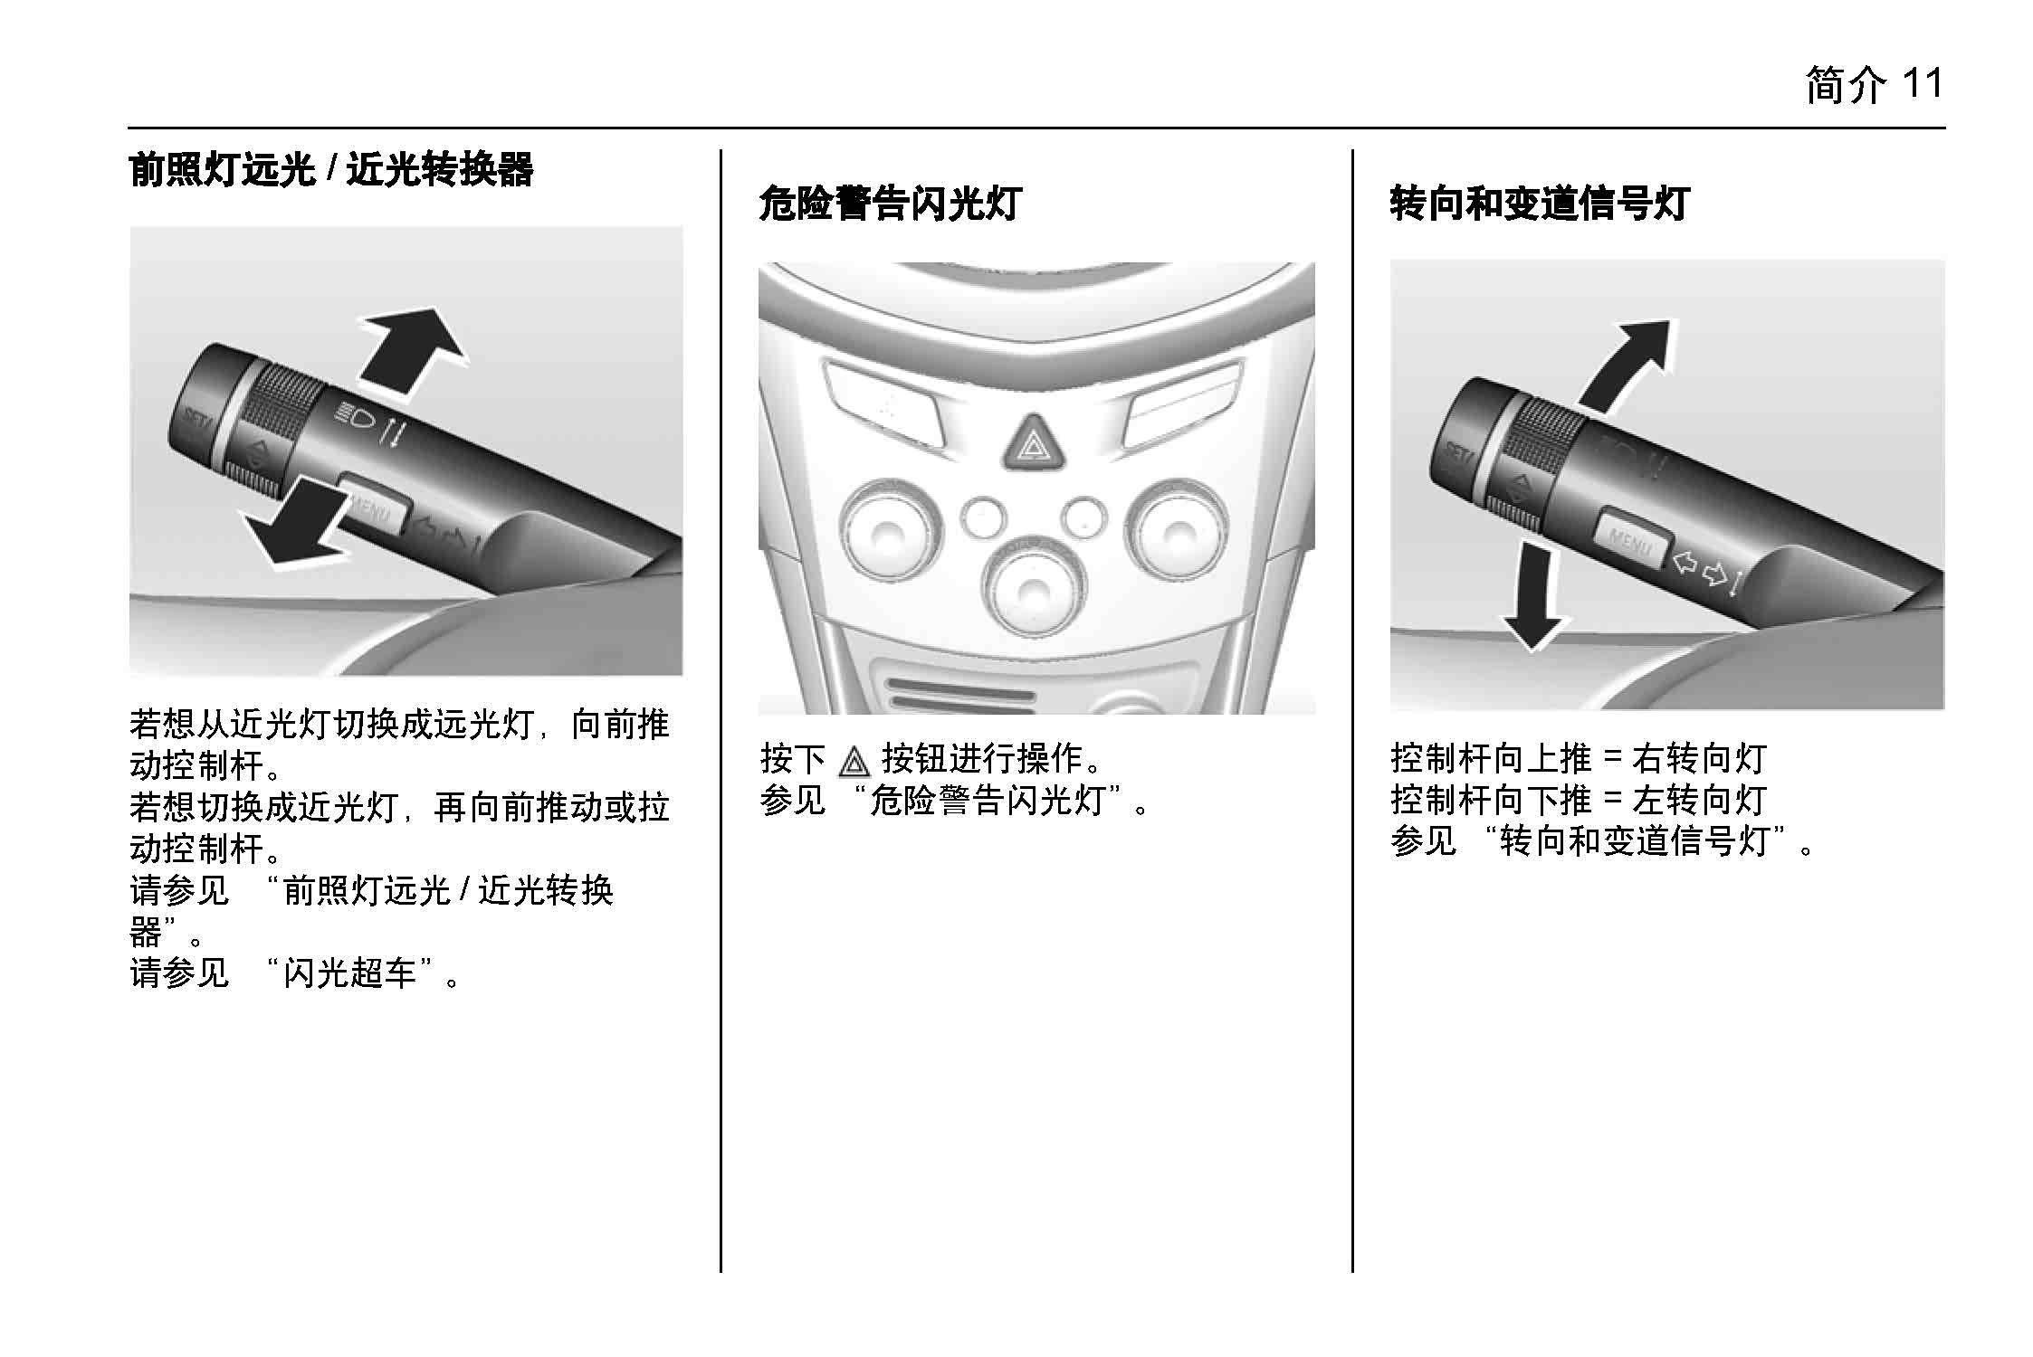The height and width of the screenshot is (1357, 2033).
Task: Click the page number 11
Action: pyautogui.click(x=1922, y=85)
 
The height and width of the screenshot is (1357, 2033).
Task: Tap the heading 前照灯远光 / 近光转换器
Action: pyautogui.click(x=331, y=169)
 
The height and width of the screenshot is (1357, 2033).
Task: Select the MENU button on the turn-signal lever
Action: pyautogui.click(x=1630, y=541)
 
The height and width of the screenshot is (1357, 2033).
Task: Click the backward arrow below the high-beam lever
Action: pyautogui.click(x=294, y=527)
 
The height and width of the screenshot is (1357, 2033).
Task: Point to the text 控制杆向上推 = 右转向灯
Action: pyautogui.click(x=1578, y=759)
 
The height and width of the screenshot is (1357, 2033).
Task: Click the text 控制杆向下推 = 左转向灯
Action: pyautogui.click(x=1578, y=801)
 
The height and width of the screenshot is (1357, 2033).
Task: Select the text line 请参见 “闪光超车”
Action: pyautogui.click(x=295, y=973)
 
